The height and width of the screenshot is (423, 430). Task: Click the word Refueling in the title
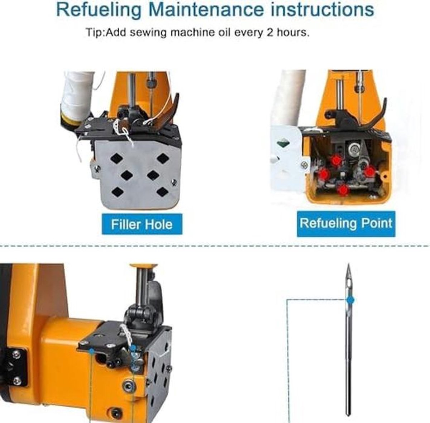(99, 10)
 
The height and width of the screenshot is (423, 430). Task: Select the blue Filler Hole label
(142, 224)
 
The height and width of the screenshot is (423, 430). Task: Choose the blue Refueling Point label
(346, 224)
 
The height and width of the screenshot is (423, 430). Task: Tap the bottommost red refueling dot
(343, 190)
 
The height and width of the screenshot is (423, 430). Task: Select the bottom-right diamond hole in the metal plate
(162, 192)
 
